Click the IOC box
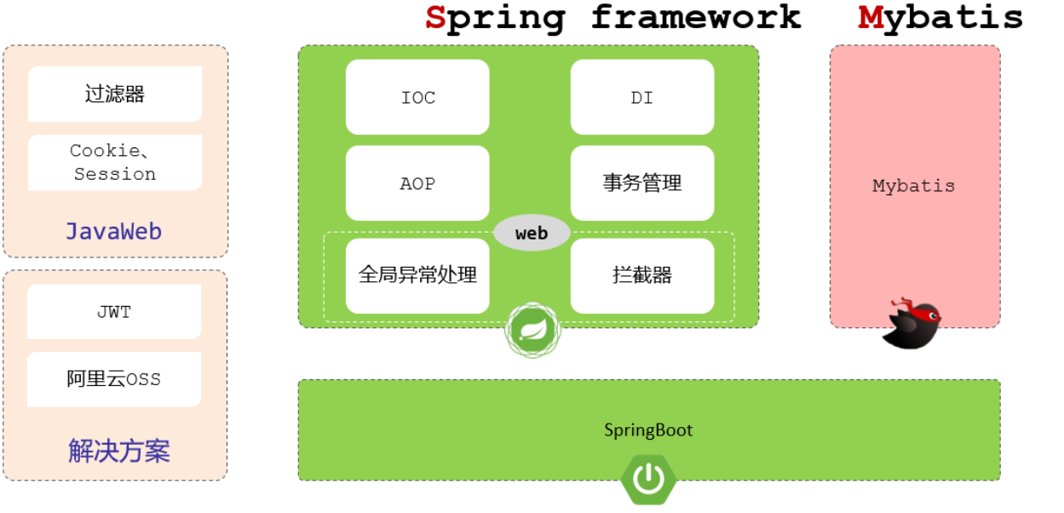[417, 97]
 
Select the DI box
[642, 97]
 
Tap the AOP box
[417, 183]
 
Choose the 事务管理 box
[642, 183]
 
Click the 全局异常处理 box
[417, 275]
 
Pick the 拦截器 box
[642, 275]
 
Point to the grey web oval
[532, 233]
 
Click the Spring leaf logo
[533, 331]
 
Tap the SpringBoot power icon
[648, 480]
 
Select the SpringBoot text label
[648, 430]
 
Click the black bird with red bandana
[911, 323]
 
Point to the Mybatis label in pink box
[914, 186]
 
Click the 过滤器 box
[115, 94]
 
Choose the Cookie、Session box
[115, 162]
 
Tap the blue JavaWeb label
[114, 231]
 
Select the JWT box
[114, 312]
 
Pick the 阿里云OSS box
[114, 379]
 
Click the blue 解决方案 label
[118, 451]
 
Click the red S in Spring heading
[435, 18]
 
